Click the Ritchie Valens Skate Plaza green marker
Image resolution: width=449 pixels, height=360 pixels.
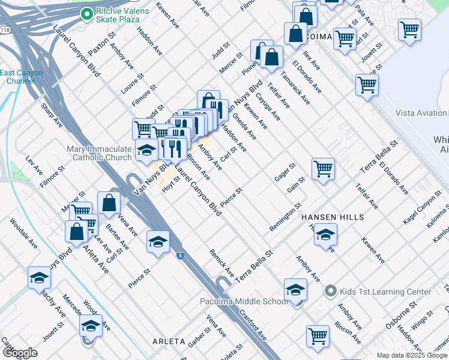[86, 13]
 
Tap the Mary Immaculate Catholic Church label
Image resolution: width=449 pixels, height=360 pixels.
[102, 153]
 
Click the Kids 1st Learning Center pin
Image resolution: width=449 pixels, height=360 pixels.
[329, 292]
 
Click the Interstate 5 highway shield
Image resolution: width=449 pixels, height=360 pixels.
[180, 256]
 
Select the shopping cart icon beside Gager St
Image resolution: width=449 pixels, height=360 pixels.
[323, 169]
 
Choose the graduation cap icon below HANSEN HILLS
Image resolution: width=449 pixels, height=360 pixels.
[325, 234]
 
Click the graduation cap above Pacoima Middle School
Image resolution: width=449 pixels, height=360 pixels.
[295, 290]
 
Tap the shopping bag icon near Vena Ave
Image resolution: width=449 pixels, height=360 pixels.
[109, 203]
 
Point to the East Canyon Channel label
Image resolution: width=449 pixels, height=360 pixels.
[21, 77]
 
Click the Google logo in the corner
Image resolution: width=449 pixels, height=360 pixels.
[20, 353]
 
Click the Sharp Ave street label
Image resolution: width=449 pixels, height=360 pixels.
[52, 115]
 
